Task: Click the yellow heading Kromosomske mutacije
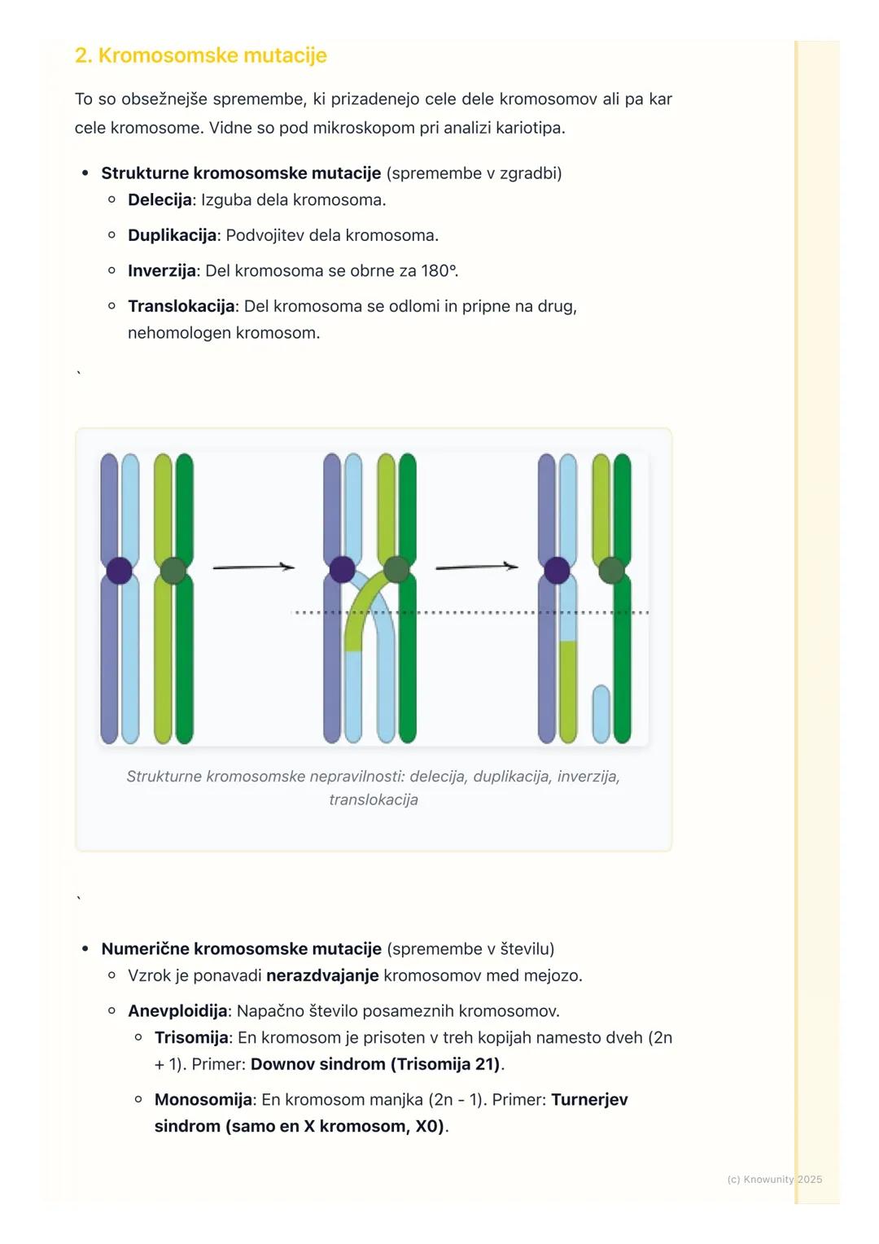point(200,55)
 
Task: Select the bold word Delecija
point(160,200)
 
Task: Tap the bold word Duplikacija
point(172,235)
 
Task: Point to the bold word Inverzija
point(161,271)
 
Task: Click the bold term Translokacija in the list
point(181,307)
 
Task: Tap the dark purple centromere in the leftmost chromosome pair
point(120,570)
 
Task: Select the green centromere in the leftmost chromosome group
point(173,570)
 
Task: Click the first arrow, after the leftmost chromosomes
point(253,567)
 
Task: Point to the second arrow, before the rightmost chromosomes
point(476,567)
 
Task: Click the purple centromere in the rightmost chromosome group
point(557,570)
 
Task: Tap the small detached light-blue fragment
point(601,713)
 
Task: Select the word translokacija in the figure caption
point(374,799)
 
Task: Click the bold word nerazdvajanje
point(322,975)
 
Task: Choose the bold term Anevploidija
point(177,1011)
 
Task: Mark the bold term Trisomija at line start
point(191,1038)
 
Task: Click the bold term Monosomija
point(203,1100)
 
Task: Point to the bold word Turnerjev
point(589,1100)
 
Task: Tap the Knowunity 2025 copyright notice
point(774,1179)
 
